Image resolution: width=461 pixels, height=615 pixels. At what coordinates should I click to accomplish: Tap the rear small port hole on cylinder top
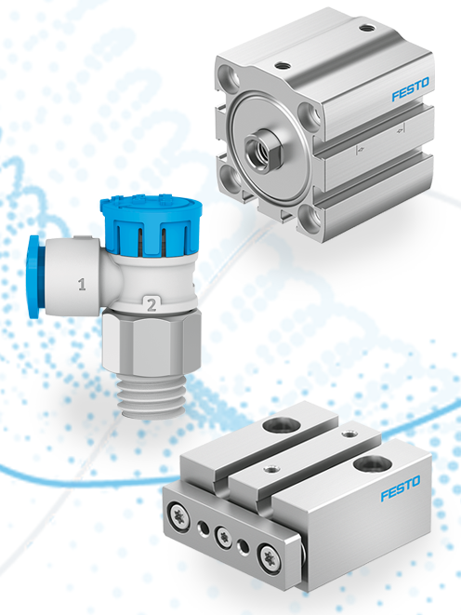coord(363,31)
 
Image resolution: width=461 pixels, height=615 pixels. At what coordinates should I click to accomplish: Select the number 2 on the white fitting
coord(150,302)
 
